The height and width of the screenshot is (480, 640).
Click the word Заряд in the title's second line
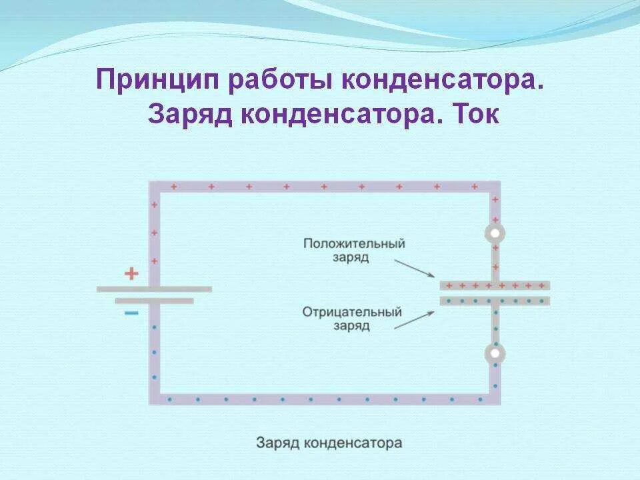coord(189,115)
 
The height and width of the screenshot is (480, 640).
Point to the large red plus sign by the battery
coord(132,273)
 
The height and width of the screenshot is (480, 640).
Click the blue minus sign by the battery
coord(132,313)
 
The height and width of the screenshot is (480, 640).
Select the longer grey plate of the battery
coord(154,289)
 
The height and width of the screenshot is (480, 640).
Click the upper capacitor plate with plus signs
coord(495,285)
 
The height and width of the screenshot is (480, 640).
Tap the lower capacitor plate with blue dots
coord(495,301)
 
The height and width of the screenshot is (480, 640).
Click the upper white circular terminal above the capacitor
coord(495,233)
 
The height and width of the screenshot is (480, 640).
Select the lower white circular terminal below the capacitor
coord(495,353)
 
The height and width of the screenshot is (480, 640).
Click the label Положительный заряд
coord(354,250)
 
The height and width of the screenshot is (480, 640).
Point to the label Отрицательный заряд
coord(352,319)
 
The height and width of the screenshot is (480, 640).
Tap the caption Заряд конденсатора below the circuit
coord(329,443)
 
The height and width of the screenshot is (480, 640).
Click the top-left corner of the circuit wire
coord(155,187)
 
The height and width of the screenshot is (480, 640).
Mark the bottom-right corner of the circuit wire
coord(494,399)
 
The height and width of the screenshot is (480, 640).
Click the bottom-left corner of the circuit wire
coord(155,399)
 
